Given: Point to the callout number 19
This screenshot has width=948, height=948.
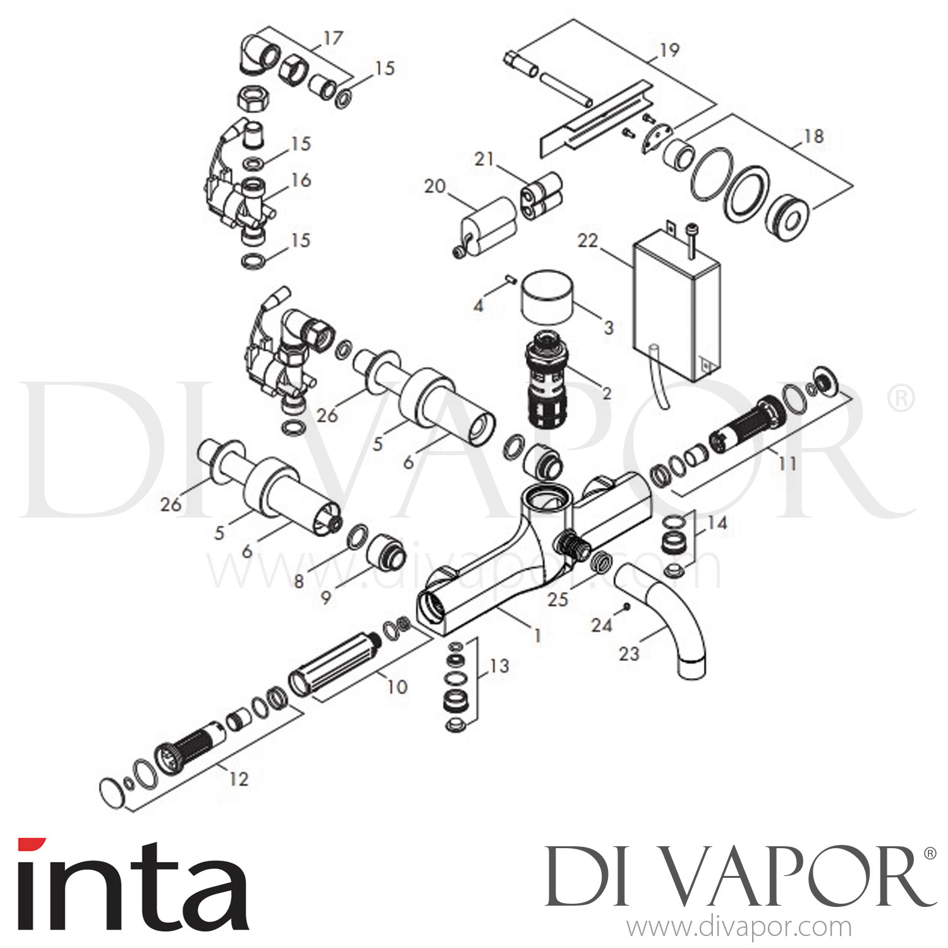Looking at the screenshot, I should tap(669, 50).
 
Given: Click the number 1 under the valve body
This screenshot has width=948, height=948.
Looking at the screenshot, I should tap(537, 635).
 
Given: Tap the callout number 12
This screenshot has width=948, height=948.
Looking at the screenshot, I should tap(238, 779).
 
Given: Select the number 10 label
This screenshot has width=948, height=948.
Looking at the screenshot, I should tap(397, 686).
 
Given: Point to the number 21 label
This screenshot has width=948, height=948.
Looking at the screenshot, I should tap(484, 159).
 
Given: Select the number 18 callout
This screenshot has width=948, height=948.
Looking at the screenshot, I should tap(813, 136).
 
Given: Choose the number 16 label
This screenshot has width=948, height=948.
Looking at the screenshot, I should tap(301, 180).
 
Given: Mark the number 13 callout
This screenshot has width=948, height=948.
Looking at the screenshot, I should tap(499, 666).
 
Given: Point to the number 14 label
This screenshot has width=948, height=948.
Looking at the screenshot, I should tap(717, 523).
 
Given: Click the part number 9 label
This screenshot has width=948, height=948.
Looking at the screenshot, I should tap(325, 597).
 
